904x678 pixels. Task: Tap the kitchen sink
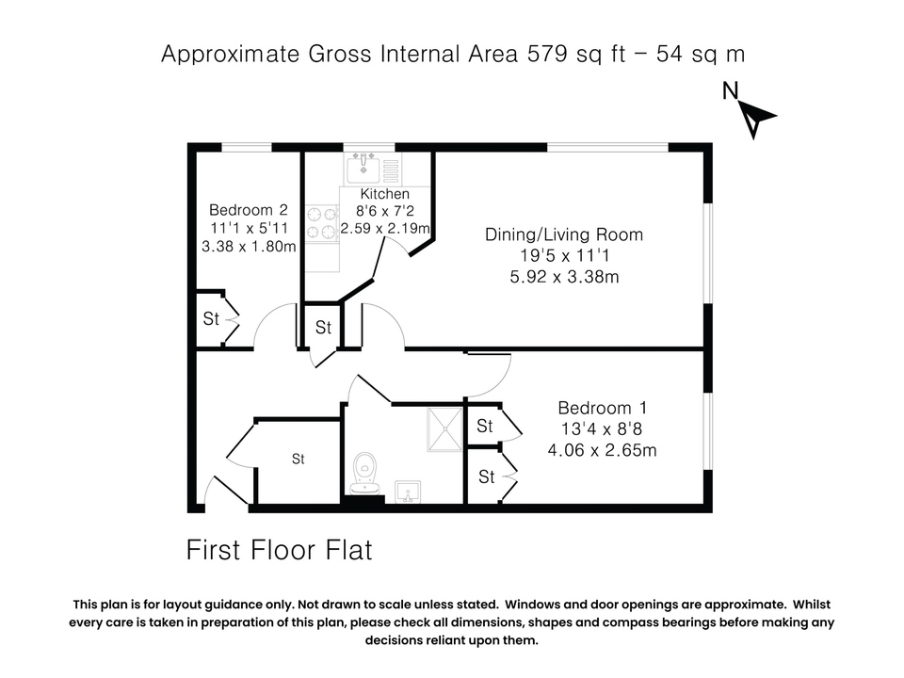click(363, 169)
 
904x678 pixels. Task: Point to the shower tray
click(443, 428)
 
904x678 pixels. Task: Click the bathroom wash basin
click(408, 492)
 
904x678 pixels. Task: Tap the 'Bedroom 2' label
click(249, 210)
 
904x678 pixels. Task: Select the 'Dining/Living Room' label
click(564, 234)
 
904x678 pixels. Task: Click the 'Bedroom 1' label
click(602, 408)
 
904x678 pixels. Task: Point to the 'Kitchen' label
click(385, 194)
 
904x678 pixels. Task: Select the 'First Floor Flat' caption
click(280, 549)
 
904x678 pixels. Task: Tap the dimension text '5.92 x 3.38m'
click(564, 277)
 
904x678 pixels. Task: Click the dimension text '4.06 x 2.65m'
click(602, 450)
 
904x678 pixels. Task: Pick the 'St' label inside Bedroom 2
click(212, 319)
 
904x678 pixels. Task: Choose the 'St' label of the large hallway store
click(298, 460)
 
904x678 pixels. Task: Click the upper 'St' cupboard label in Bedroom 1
click(485, 427)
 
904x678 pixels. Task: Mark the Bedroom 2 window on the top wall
click(247, 147)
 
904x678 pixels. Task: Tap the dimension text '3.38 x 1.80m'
click(249, 247)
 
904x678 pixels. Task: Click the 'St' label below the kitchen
click(324, 328)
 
